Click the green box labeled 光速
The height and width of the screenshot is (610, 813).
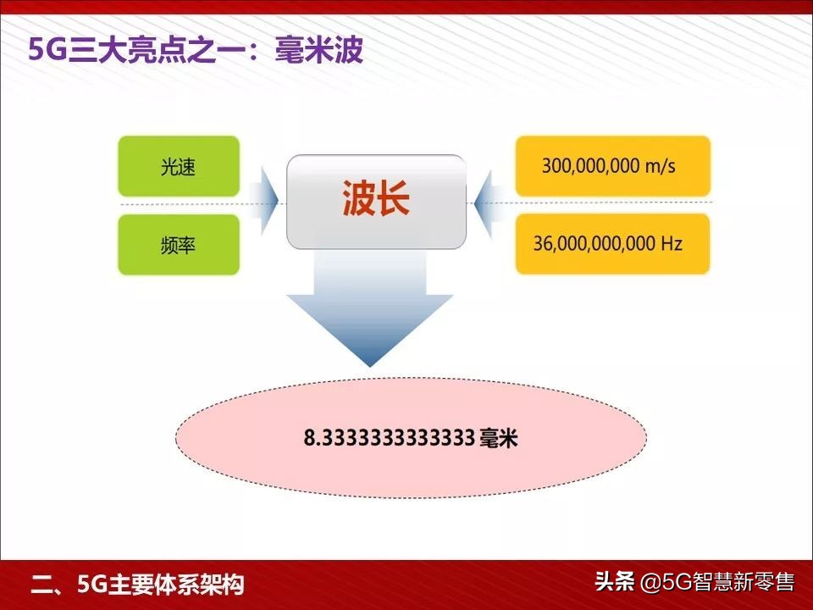tap(179, 167)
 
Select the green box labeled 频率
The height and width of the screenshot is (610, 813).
tap(179, 245)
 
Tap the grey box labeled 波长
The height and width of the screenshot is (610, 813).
tap(376, 202)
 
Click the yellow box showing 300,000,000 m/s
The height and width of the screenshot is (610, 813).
tap(612, 166)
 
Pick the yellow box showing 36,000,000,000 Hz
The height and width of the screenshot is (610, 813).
tap(612, 244)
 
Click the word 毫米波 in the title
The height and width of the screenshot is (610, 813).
tap(319, 51)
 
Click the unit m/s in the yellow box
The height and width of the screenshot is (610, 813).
tap(660, 166)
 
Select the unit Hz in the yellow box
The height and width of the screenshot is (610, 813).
tap(672, 244)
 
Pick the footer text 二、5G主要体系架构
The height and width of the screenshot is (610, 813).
tap(138, 585)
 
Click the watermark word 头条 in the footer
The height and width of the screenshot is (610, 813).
tap(614, 583)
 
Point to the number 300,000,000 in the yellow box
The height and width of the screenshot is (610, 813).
tap(590, 166)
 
